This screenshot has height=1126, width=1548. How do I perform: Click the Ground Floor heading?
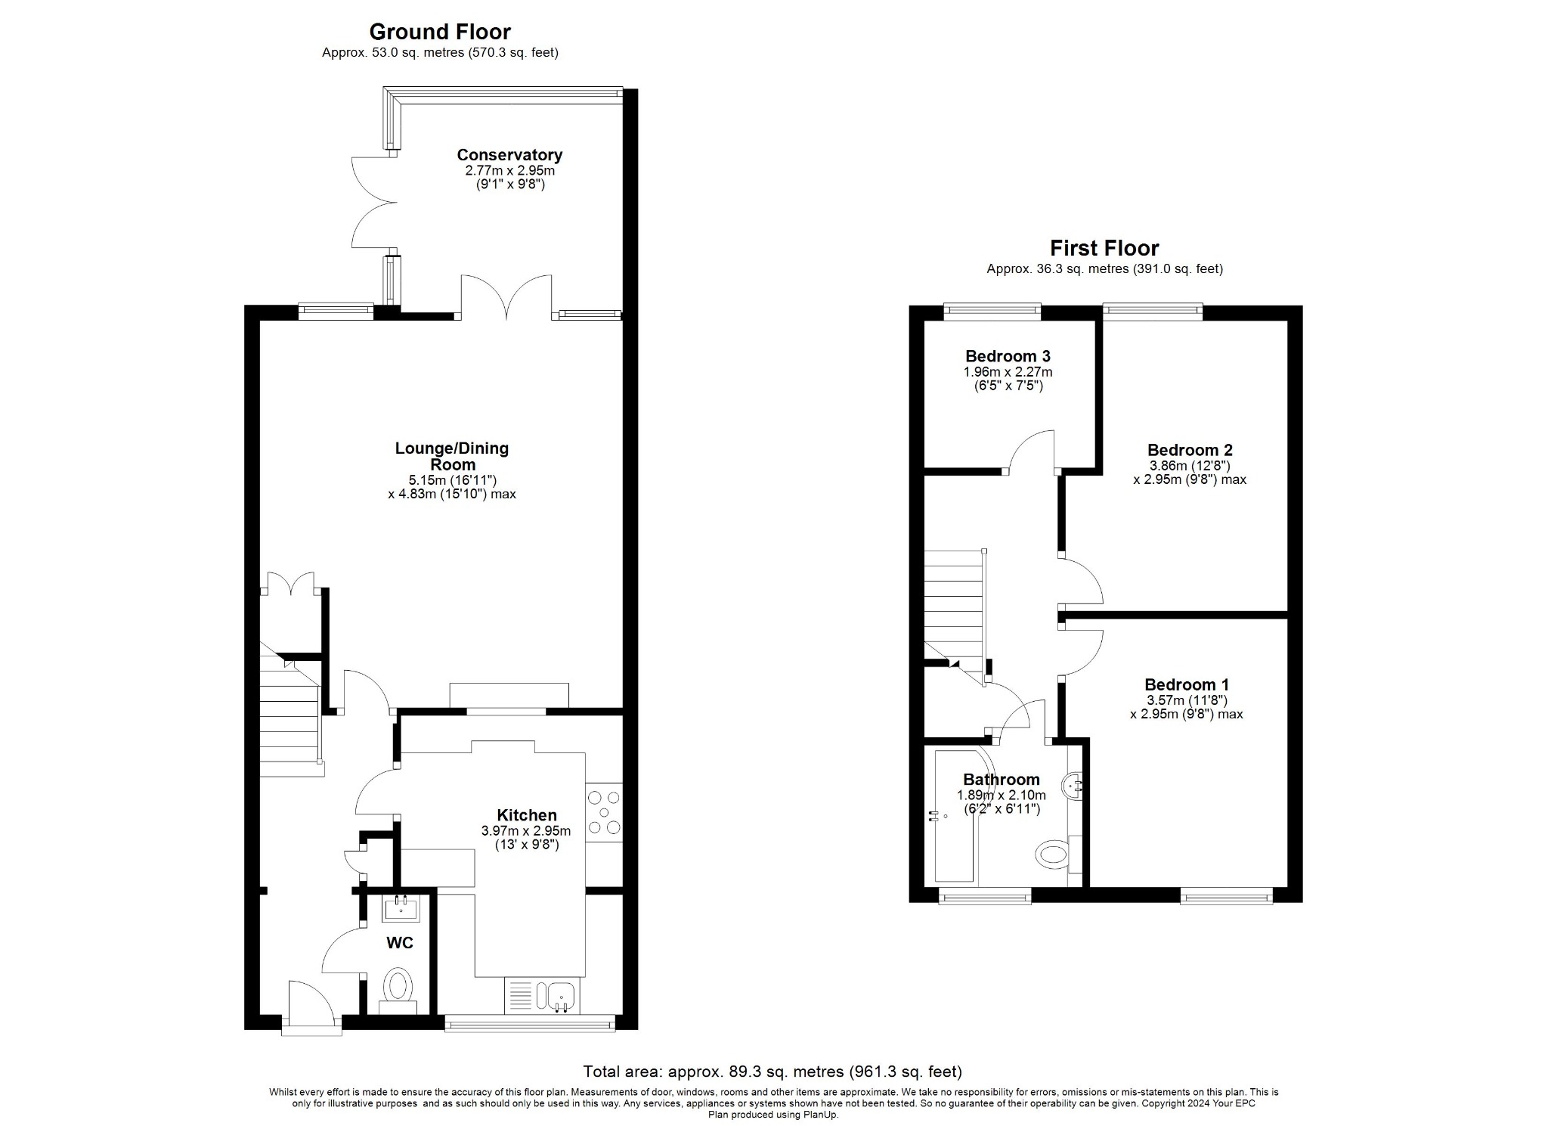coord(439,32)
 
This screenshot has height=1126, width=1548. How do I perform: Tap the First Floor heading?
coord(1104,248)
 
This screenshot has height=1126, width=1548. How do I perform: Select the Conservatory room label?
coord(509,155)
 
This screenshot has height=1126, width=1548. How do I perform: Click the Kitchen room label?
coord(527,815)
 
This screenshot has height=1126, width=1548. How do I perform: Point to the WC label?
coord(399,943)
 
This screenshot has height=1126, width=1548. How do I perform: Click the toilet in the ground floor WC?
coord(398,988)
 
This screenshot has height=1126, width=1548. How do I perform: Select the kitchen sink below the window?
coord(560,995)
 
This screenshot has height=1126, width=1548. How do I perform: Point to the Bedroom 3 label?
coord(1008,356)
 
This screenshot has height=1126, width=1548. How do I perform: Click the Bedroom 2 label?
coord(1189,450)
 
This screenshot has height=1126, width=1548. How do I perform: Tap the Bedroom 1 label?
coord(1186,684)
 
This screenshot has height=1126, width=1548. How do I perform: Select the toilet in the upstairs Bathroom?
coord(1051,856)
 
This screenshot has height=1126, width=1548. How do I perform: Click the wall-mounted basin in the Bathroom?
coord(1073,786)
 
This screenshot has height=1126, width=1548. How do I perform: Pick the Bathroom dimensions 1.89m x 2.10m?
coord(1001,795)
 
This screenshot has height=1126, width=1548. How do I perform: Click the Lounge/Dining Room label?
coord(452,456)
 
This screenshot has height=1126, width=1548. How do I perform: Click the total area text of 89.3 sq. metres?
coord(772,1072)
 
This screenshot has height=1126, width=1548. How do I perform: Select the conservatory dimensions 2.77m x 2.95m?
coord(509,171)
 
